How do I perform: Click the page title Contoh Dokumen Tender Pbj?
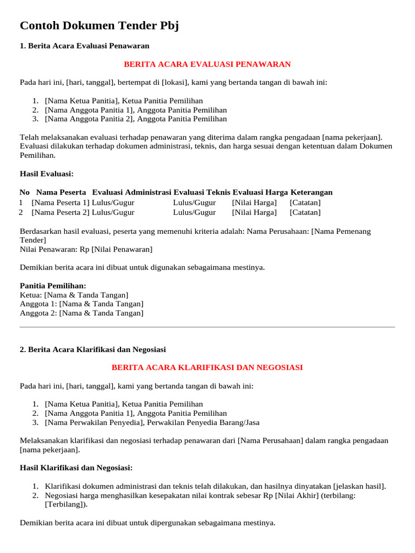click(99, 26)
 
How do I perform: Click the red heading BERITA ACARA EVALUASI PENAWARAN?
click(207, 64)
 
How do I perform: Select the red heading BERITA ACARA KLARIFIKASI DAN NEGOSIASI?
click(207, 367)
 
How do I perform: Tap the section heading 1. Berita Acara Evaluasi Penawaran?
click(84, 46)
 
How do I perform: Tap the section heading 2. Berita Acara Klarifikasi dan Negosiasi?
click(92, 349)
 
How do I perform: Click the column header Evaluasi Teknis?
click(202, 192)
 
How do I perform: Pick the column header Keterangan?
click(311, 192)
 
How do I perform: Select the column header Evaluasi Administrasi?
click(131, 192)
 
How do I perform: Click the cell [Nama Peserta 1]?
click(61, 203)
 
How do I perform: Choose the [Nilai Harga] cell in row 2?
click(255, 212)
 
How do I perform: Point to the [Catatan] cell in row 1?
click(305, 203)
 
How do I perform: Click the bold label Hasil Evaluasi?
click(46, 174)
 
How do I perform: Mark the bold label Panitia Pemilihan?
click(53, 286)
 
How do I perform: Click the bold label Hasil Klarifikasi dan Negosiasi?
click(76, 468)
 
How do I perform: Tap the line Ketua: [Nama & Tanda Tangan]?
click(74, 295)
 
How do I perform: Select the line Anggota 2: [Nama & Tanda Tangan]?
click(82, 313)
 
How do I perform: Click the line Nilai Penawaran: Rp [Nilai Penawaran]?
click(86, 249)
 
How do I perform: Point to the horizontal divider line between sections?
click(207, 327)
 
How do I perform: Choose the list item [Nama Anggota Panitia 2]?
click(136, 119)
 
